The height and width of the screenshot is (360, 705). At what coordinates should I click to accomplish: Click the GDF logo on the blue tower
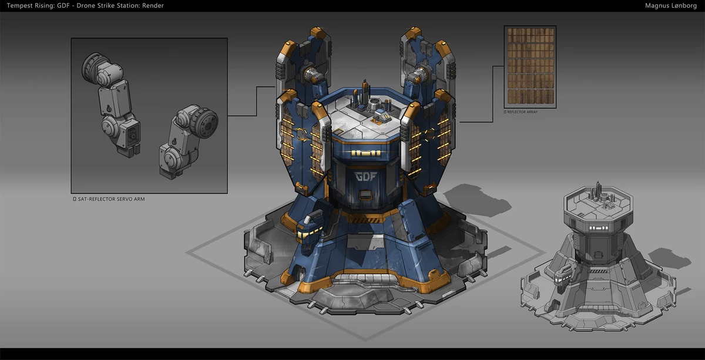365,177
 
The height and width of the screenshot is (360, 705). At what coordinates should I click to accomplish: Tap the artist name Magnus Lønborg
671,6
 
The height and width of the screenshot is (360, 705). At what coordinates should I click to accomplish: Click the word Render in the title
153,5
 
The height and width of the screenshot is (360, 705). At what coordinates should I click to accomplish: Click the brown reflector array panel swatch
531,67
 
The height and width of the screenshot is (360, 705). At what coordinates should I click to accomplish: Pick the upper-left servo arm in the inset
111,104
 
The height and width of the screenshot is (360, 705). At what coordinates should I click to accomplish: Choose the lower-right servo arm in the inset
188,141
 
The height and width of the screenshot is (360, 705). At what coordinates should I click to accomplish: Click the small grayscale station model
598,258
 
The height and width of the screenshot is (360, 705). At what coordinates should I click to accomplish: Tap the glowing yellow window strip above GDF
365,153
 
